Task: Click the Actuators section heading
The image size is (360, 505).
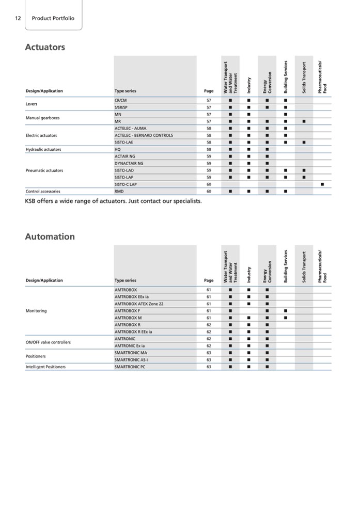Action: pyautogui.click(x=45, y=48)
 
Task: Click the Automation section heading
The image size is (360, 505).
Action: pyautogui.click(x=50, y=237)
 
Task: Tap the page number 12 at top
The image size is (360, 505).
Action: pyautogui.click(x=18, y=18)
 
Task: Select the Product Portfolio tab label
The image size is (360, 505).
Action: pyautogui.click(x=53, y=18)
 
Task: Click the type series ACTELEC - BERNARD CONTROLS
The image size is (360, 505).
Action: pyautogui.click(x=144, y=135)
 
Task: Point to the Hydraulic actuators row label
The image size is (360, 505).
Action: pyautogui.click(x=43, y=149)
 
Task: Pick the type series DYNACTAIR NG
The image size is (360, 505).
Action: pyautogui.click(x=129, y=163)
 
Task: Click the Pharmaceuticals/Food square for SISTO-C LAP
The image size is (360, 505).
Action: pyautogui.click(x=322, y=184)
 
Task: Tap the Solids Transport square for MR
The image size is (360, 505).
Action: pyautogui.click(x=304, y=121)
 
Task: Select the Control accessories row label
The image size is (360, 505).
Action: pyautogui.click(x=43, y=191)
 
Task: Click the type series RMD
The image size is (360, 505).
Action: pyautogui.click(x=119, y=191)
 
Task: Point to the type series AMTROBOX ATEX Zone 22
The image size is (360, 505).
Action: pyautogui.click(x=139, y=304)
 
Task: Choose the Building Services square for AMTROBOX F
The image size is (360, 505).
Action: pyautogui.click(x=285, y=311)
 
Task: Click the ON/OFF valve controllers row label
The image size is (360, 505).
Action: pyautogui.click(x=48, y=342)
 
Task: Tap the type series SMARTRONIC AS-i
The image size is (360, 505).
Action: pyautogui.click(x=133, y=359)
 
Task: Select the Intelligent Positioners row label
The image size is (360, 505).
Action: pyautogui.click(x=45, y=367)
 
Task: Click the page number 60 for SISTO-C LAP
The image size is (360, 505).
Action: pyautogui.click(x=209, y=184)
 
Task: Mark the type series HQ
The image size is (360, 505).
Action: pyautogui.click(x=118, y=149)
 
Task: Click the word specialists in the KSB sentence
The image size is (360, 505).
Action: pyautogui.click(x=183, y=200)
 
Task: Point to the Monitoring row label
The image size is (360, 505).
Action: pyautogui.click(x=36, y=311)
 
